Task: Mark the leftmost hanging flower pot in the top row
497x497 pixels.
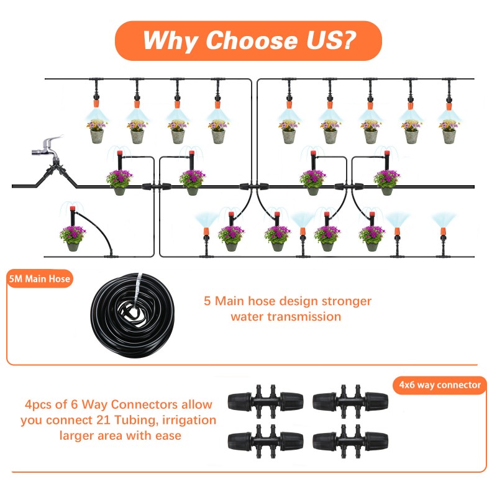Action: point(96,130)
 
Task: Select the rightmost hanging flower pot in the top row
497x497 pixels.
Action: point(448,130)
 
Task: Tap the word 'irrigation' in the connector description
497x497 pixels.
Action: point(187,420)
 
